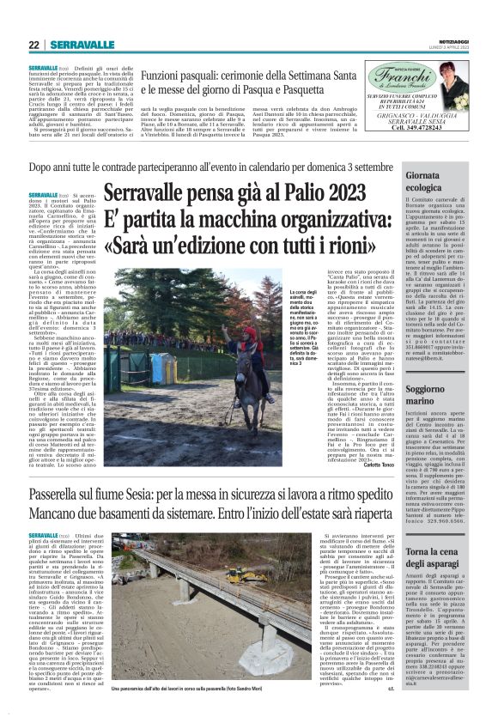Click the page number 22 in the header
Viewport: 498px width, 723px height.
[x=33, y=45]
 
